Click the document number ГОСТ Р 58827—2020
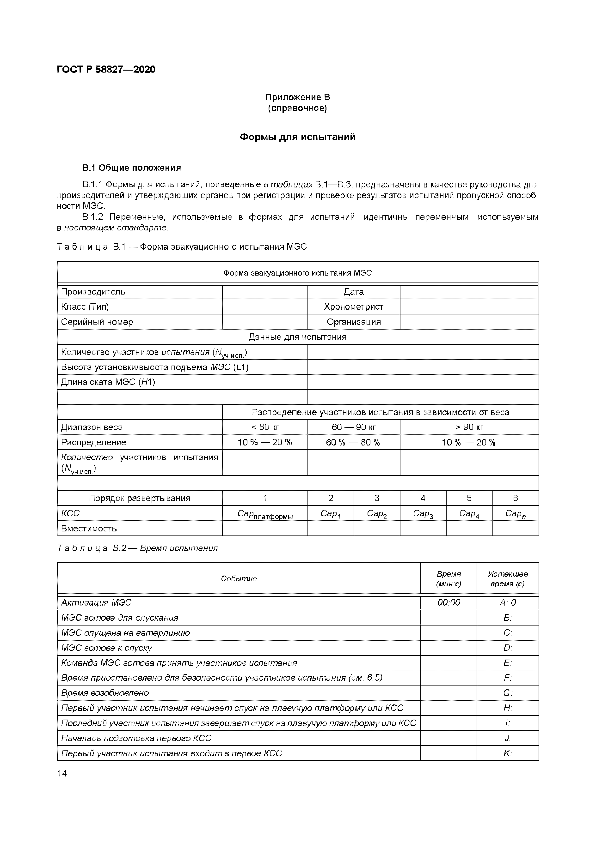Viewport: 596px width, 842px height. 106,69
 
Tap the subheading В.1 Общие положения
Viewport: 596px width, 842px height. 132,168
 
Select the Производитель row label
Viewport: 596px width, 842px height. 93,292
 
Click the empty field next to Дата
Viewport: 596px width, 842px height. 469,292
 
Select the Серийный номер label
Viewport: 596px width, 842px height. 97,322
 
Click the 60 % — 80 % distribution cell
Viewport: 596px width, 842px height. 353,442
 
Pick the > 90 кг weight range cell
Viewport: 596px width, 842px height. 469,427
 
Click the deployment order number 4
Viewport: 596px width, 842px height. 423,498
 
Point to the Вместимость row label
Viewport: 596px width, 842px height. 89,529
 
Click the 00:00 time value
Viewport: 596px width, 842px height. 449,602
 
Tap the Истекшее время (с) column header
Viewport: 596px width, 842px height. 508,579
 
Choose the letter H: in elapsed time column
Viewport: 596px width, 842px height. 508,708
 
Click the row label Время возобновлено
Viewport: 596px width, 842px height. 105,693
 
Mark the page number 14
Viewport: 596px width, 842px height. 62,773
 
